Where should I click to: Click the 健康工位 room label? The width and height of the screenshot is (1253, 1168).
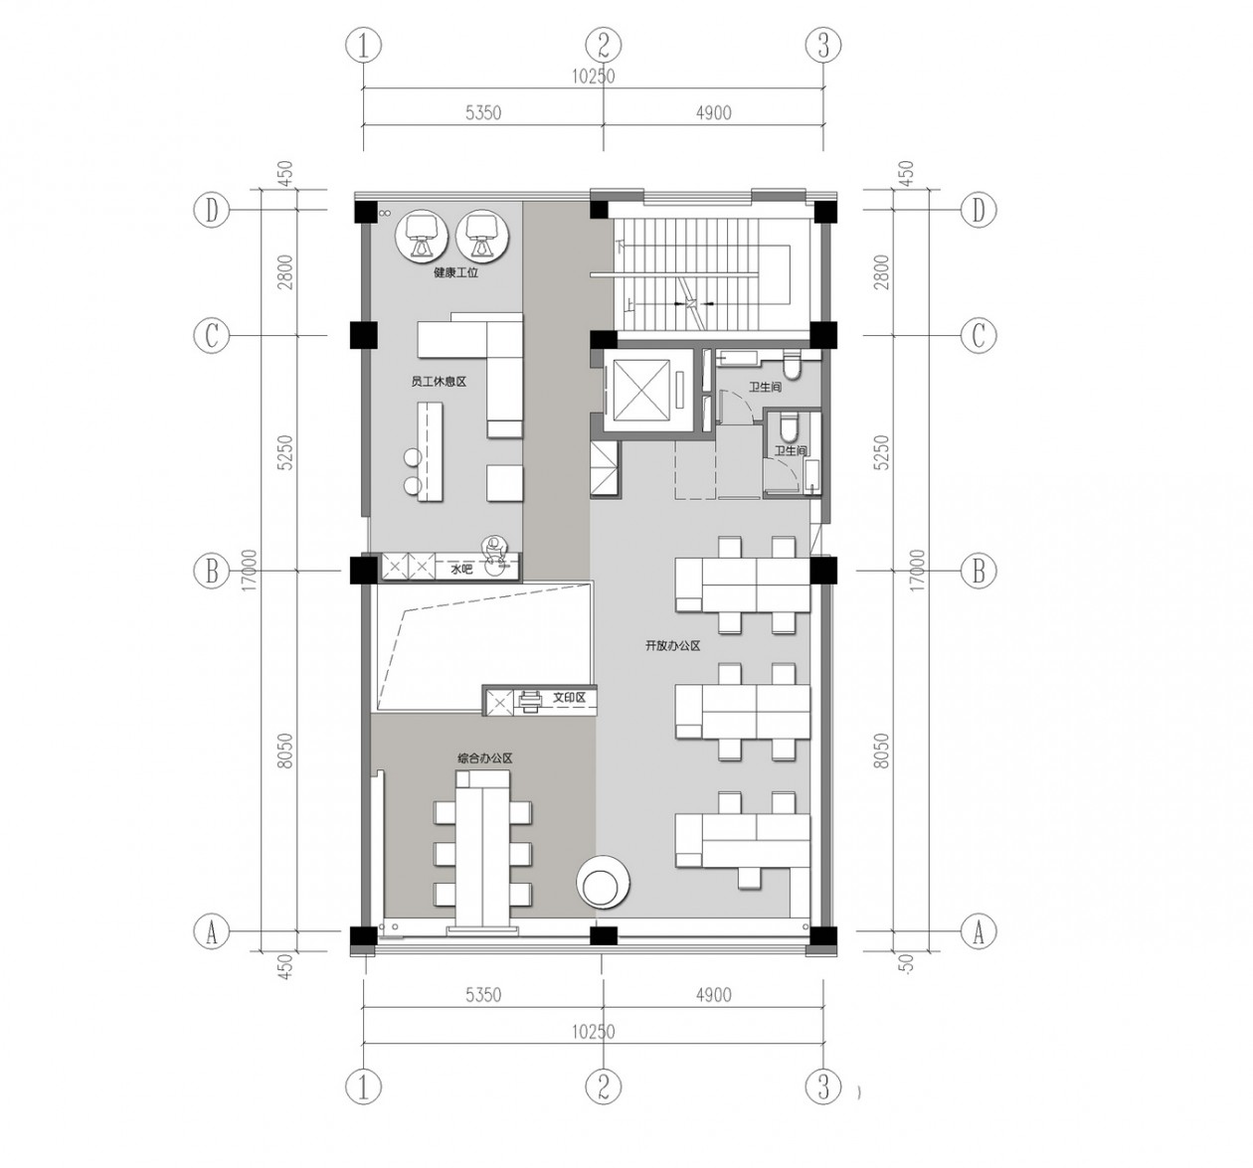[x=454, y=272]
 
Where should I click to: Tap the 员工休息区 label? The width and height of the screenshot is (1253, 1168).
[x=439, y=381]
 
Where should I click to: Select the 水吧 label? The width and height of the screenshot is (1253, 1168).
[x=460, y=570]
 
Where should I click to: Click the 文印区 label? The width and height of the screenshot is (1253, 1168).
[x=569, y=699]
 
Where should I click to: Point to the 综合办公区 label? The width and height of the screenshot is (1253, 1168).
[x=484, y=758]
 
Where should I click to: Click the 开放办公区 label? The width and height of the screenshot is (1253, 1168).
[x=672, y=646]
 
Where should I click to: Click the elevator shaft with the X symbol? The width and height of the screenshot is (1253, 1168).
[x=639, y=390]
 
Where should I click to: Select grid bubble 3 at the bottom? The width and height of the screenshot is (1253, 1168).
[x=822, y=1086]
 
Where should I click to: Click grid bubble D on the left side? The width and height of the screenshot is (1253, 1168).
[x=211, y=211]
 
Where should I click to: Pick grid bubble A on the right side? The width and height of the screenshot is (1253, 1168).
[x=979, y=932]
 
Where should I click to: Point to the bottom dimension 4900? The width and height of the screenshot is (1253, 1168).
[x=713, y=995]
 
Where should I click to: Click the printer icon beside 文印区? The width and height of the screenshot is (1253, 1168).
[x=529, y=701]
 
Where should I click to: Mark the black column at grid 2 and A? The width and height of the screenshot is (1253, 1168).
[x=603, y=935]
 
